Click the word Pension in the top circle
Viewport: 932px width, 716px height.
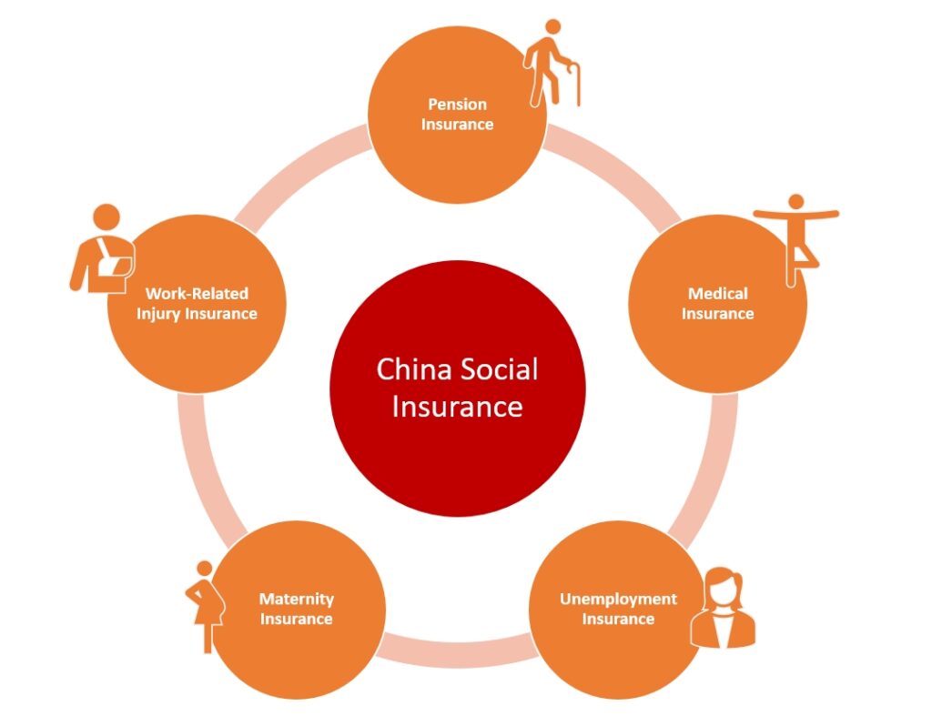pos(457,105)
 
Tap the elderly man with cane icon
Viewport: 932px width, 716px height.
pos(550,62)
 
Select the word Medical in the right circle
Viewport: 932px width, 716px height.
pos(718,294)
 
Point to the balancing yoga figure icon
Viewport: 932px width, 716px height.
pos(795,237)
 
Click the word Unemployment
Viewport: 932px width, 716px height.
pos(618,600)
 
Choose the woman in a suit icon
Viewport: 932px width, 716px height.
pos(723,609)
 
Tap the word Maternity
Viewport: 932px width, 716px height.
pos(297,600)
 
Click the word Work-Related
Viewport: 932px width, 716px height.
pos(197,294)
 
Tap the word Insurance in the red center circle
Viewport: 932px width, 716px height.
pos(457,406)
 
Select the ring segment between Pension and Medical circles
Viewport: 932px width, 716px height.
pos(619,169)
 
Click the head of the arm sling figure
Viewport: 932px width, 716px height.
pos(106,217)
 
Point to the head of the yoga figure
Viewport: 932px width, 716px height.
pos(795,201)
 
